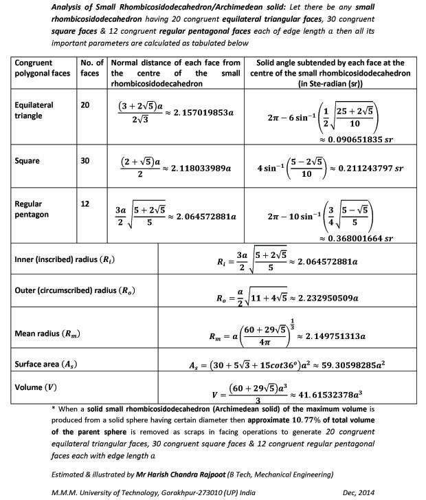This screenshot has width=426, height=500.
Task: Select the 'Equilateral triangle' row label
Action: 34,111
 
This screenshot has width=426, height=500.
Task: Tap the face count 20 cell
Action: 85,105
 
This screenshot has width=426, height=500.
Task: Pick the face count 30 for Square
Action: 85,161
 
